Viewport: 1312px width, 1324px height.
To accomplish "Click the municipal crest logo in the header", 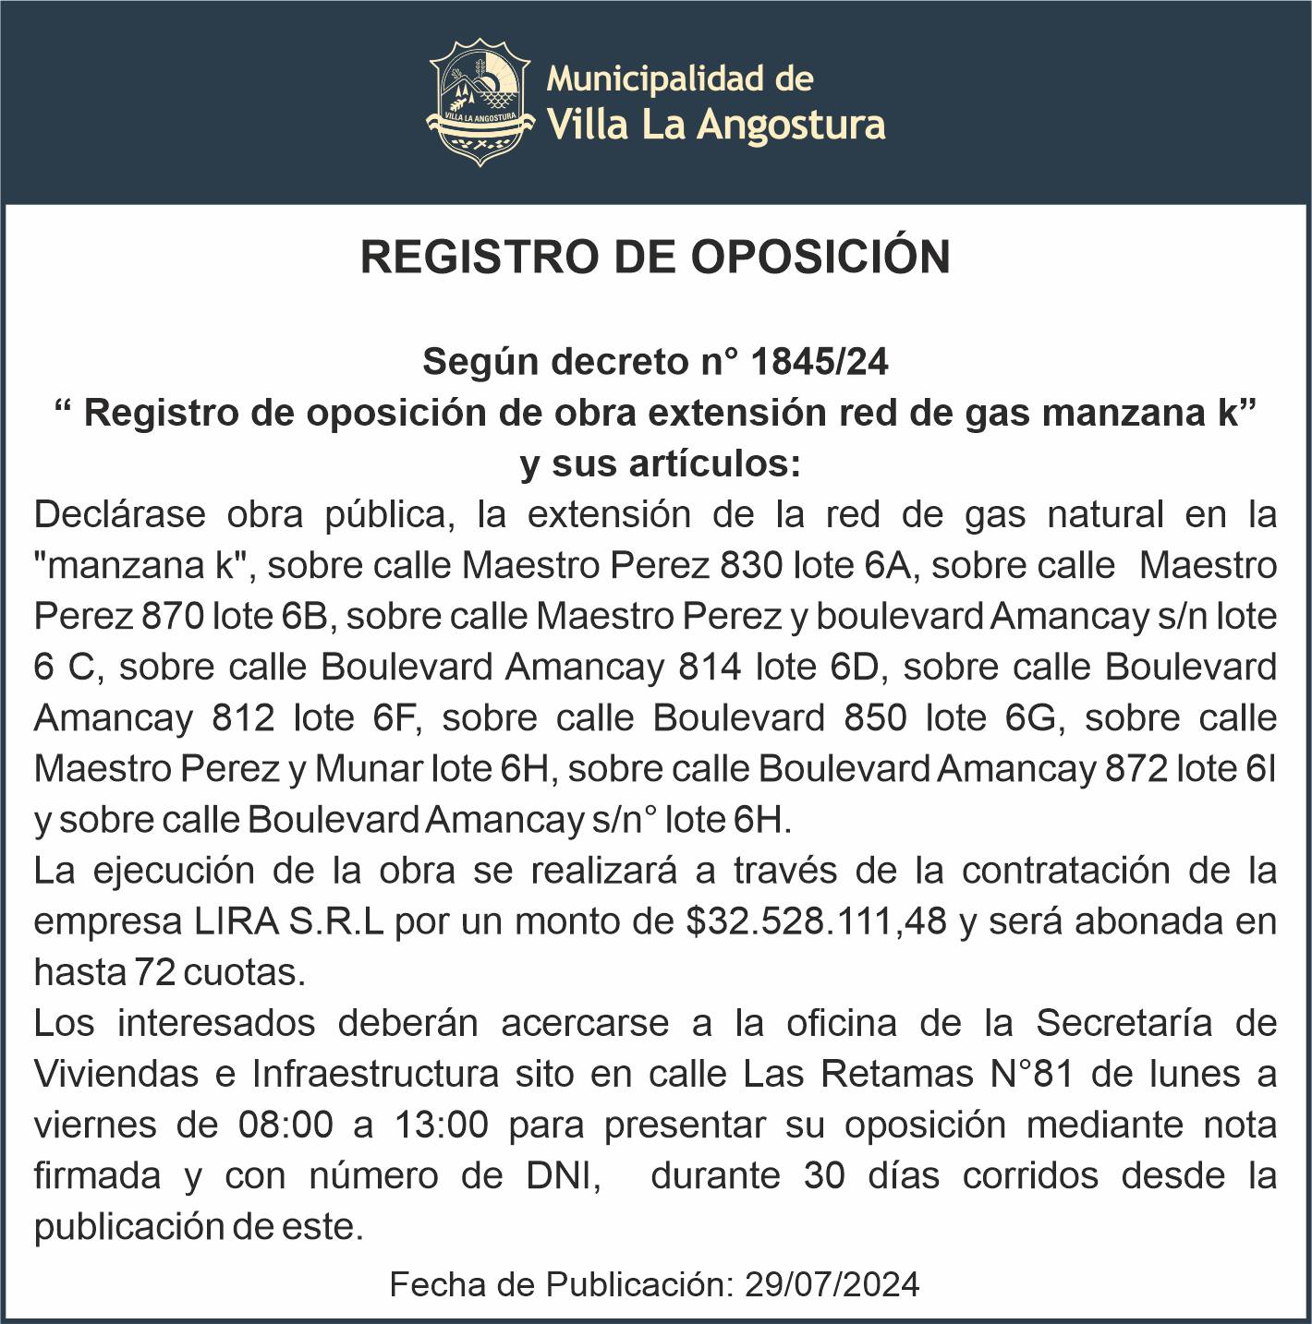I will pyautogui.click(x=480, y=102).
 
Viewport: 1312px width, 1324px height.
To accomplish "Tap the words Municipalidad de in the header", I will pyautogui.click(x=680, y=79).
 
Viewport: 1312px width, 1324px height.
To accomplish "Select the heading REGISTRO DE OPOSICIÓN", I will pyautogui.click(x=655, y=257).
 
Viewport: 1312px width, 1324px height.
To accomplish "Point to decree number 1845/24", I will pyautogui.click(x=820, y=362).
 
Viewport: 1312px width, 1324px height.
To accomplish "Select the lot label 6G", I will pyautogui.click(x=1032, y=717).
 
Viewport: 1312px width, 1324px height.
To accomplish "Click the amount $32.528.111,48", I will pyautogui.click(x=816, y=921).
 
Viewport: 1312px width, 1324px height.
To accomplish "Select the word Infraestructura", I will pyautogui.click(x=375, y=1074).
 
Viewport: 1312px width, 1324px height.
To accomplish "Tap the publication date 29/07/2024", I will pyautogui.click(x=832, y=1284).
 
